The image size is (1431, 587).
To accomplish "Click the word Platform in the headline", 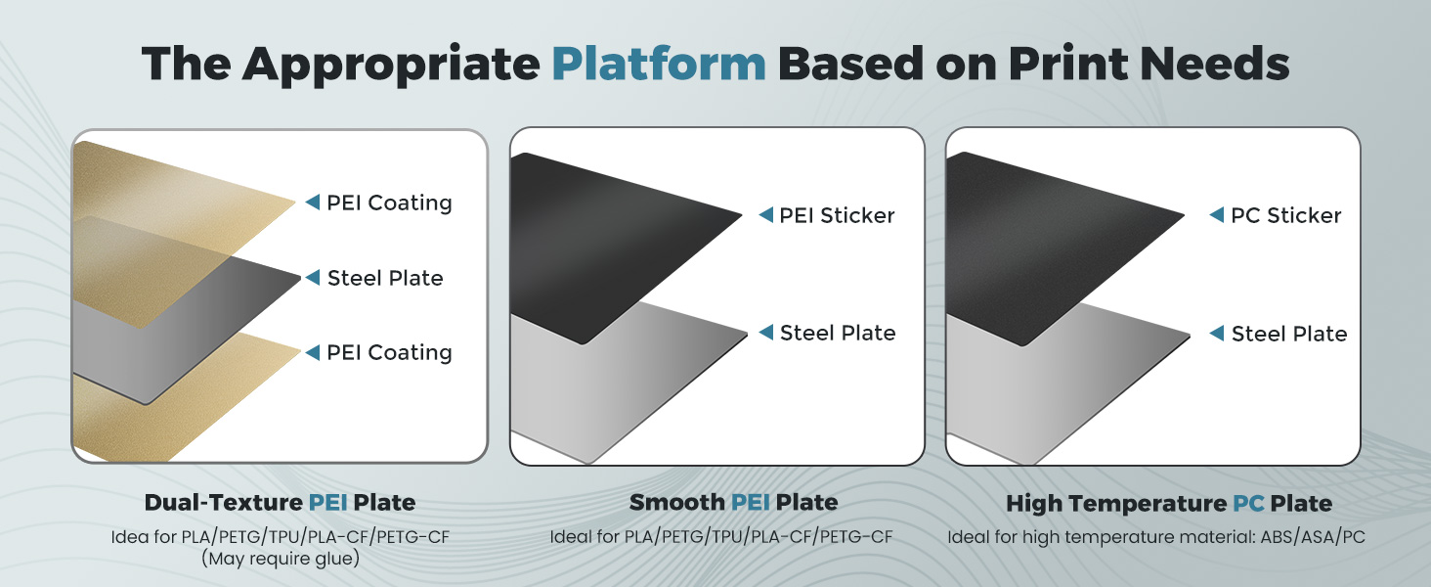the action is pos(659,64).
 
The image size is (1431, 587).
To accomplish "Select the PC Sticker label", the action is pos(1285,215).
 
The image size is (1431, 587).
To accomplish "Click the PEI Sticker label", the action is pos(837,215).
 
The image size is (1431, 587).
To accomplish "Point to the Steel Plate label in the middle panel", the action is pos(838,333).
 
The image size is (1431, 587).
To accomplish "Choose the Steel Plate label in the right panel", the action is pos(1288,334).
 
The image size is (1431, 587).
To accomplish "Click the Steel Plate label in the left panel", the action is pos(385,278).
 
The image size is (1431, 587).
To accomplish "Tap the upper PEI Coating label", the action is pos(389,203).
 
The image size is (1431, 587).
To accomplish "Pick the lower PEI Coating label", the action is pos(389,352).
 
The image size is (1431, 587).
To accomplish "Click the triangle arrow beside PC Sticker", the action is pos(1217,215).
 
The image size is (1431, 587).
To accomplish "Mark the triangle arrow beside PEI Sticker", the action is pos(766,215).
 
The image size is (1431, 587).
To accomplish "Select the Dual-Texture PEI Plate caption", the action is pos(280,503).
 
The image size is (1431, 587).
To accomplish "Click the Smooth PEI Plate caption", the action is pos(733,503).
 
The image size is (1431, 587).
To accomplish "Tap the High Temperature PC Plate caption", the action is pos(1169,504).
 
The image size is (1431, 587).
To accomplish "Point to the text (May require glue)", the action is pos(280,559).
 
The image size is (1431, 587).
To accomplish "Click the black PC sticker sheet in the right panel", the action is pos(1065,235).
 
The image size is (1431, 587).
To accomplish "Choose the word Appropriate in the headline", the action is pos(392,64).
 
